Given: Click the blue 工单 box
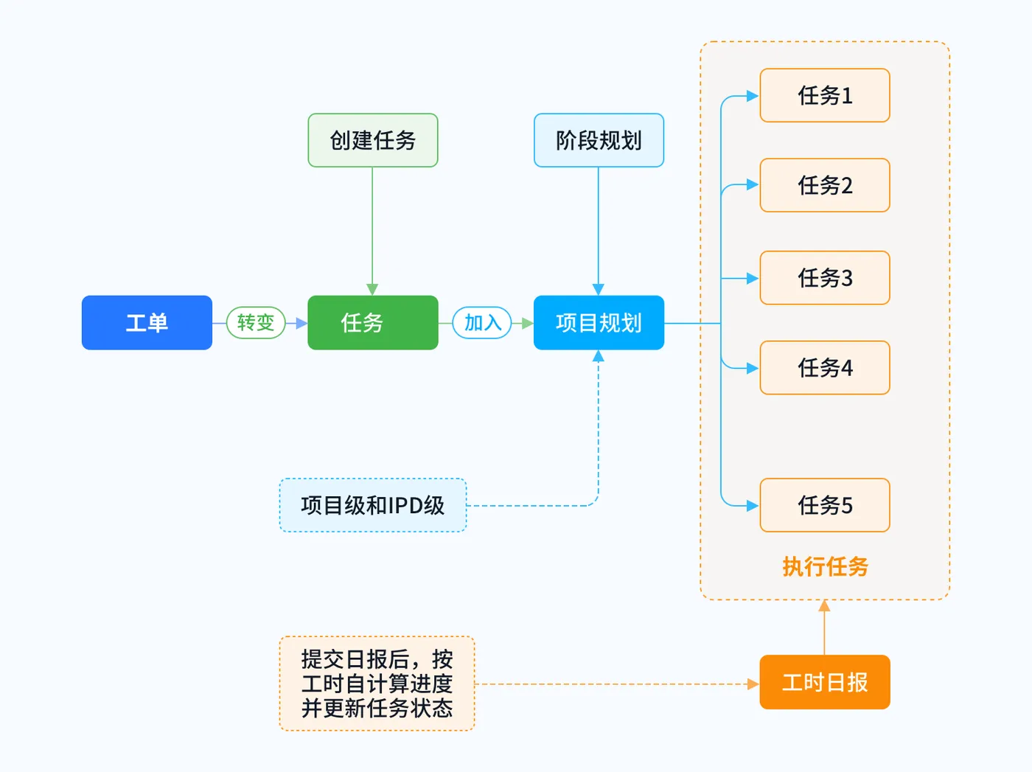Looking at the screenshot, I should pyautogui.click(x=147, y=322).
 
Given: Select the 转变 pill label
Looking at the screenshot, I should pyautogui.click(x=255, y=322).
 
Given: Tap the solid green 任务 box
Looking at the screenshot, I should pyautogui.click(x=372, y=322).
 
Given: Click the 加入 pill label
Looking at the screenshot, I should pyautogui.click(x=482, y=322).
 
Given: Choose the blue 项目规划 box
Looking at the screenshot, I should pyautogui.click(x=599, y=322).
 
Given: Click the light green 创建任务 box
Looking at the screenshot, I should pyautogui.click(x=372, y=140).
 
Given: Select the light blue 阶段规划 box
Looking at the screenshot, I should pyautogui.click(x=599, y=140).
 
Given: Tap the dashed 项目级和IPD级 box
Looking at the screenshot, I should pyautogui.click(x=372, y=505).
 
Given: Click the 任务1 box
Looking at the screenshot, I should pyautogui.click(x=824, y=95).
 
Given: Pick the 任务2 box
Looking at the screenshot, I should pyautogui.click(x=824, y=185).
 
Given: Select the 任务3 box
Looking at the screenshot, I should pyautogui.click(x=824, y=278).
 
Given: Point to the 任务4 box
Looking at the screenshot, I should pyautogui.click(x=824, y=367).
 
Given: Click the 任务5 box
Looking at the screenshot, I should pyautogui.click(x=824, y=505).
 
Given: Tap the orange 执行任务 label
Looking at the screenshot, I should pyautogui.click(x=824, y=566).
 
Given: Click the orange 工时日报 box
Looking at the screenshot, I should pyautogui.click(x=824, y=682).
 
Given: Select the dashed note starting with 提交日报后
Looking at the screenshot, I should pyautogui.click(x=377, y=684).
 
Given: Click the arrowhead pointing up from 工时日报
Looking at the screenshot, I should pyautogui.click(x=824, y=606).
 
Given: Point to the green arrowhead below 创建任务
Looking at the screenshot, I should pyautogui.click(x=372, y=289).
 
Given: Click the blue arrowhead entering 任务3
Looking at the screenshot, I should pyautogui.click(x=753, y=278).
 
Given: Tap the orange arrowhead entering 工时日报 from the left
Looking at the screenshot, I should pyautogui.click(x=753, y=684).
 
